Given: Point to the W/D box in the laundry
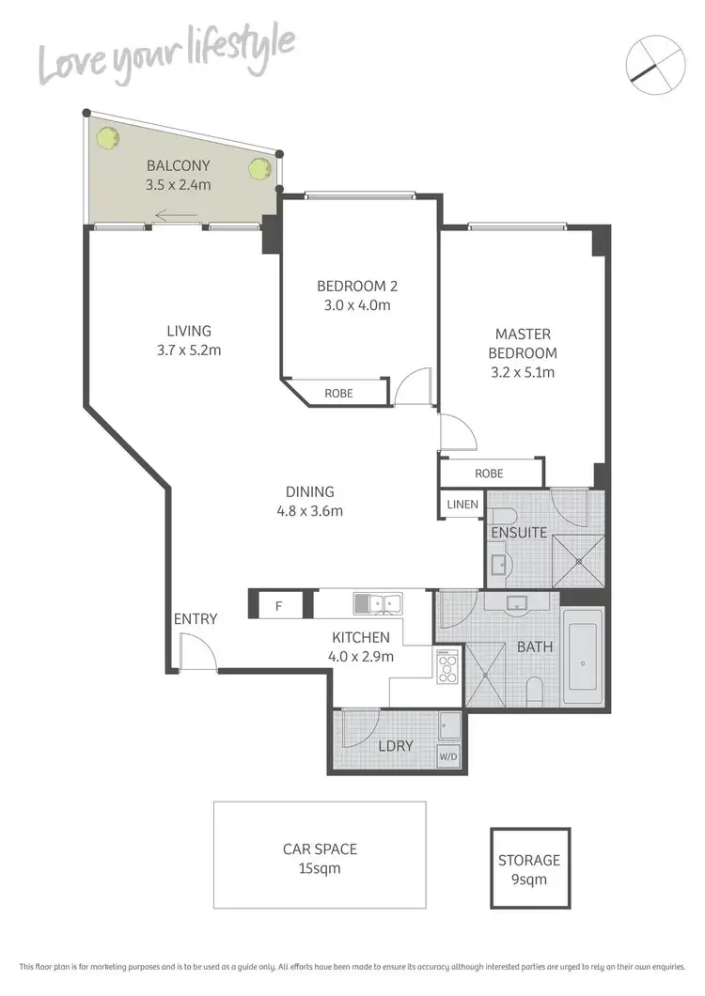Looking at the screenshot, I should coord(448,756).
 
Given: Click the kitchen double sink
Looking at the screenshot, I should coord(378,602).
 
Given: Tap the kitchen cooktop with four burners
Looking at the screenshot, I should coord(446,667).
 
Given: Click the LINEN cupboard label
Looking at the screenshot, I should coord(462,506).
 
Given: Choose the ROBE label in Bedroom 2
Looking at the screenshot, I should coord(338,393).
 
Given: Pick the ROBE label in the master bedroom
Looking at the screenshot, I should coord(489,474).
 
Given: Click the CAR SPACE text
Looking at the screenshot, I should coord(320,849).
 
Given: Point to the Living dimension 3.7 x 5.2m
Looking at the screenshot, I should coord(189,350).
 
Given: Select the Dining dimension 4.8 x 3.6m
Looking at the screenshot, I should coord(310,511).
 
